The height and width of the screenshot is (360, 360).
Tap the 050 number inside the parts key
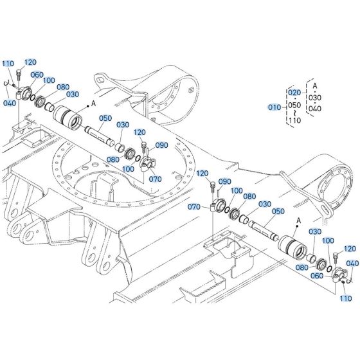click(294, 106)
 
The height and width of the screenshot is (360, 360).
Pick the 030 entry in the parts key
click(314, 98)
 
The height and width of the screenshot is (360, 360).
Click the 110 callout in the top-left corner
click(8, 64)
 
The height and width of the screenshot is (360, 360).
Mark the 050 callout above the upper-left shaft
click(105, 118)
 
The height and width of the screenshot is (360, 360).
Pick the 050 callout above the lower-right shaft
click(278, 212)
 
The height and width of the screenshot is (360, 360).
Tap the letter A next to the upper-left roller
click(93, 104)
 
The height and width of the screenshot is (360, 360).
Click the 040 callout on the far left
click(10, 103)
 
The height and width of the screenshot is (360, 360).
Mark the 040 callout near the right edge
click(352, 264)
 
